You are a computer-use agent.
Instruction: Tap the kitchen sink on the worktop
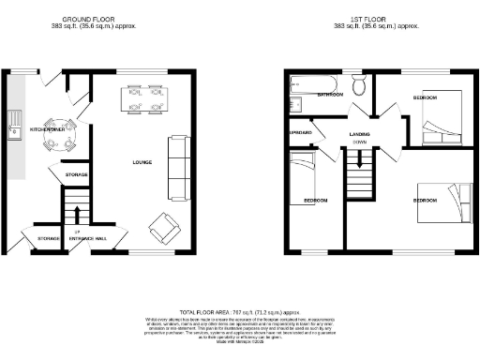(x=15, y=126)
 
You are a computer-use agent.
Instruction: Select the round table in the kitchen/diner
(x=61, y=131)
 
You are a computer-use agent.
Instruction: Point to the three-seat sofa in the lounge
(x=176, y=169)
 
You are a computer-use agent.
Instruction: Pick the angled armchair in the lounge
(x=164, y=225)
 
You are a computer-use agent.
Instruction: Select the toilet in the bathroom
(x=357, y=88)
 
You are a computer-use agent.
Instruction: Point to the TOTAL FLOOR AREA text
(x=239, y=309)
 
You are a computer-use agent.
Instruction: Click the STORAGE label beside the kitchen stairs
(x=76, y=175)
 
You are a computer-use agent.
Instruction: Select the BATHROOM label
(x=330, y=95)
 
